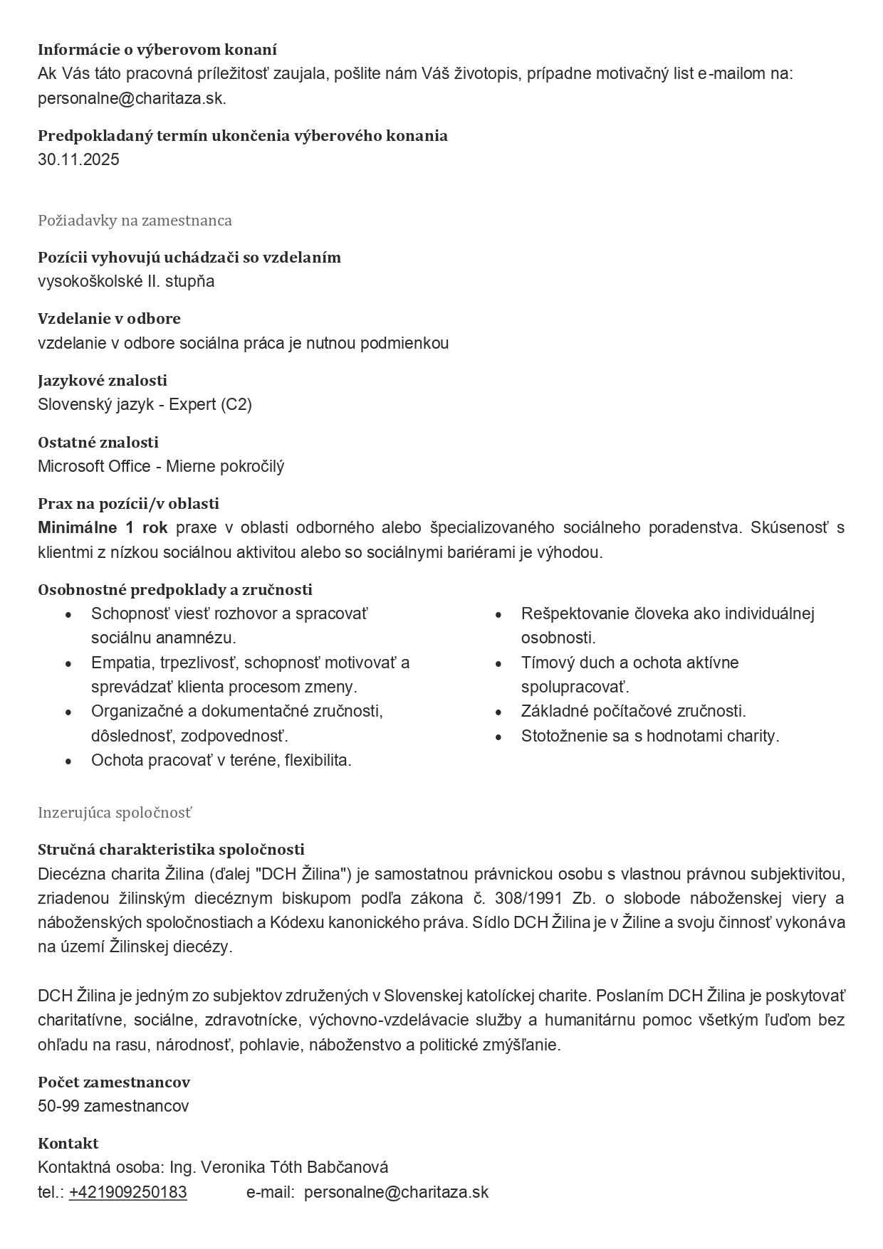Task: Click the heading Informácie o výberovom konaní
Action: (157, 50)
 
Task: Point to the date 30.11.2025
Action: (78, 159)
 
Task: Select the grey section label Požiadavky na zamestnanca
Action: (135, 221)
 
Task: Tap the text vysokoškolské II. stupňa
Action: (126, 282)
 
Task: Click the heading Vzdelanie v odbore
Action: (109, 319)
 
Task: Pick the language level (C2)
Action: (236, 405)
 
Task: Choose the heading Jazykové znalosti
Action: (103, 381)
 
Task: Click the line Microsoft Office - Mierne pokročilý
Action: (161, 467)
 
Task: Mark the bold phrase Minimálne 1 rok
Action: (103, 528)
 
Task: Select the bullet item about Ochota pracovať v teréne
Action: (221, 761)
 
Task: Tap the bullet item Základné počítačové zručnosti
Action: (633, 712)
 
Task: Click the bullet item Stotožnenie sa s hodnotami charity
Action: (649, 737)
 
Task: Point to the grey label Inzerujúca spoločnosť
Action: (115, 813)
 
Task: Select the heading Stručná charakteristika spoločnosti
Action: (171, 850)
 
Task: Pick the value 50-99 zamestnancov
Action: (113, 1107)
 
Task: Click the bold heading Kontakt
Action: (68, 1144)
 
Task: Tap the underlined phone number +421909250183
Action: (128, 1193)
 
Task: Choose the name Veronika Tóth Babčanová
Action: (295, 1168)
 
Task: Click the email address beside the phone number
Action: (396, 1193)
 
